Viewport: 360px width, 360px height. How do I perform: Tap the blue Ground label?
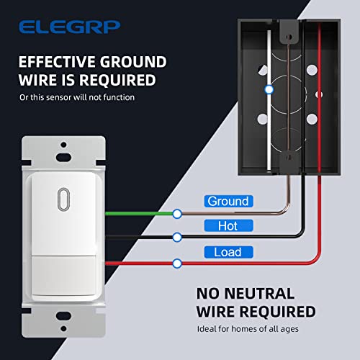click(227, 202)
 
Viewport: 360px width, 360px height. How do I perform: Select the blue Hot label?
click(227, 226)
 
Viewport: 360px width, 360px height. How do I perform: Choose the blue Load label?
click(227, 252)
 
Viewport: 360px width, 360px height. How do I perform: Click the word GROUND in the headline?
click(130, 62)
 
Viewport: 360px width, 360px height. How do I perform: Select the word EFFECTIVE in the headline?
click(61, 62)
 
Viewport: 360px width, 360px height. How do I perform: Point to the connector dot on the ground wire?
click(177, 214)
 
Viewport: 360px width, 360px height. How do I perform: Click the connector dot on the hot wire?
click(177, 236)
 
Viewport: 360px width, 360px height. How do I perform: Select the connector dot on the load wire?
click(177, 263)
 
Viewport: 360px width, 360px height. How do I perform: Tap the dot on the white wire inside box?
click(269, 90)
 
